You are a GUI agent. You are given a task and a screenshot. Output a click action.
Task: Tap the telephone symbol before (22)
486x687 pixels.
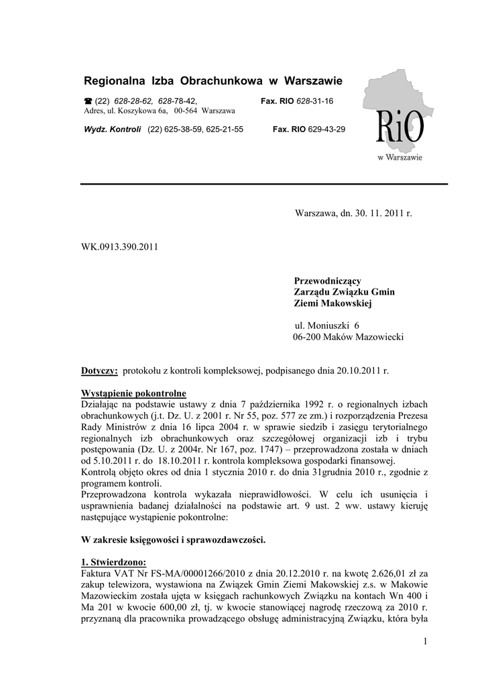(x=88, y=101)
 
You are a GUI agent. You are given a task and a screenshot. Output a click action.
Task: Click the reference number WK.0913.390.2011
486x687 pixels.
(x=119, y=246)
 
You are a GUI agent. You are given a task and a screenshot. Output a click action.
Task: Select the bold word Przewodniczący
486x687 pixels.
(x=328, y=280)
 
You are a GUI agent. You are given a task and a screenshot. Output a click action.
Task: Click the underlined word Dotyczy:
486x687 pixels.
(x=99, y=370)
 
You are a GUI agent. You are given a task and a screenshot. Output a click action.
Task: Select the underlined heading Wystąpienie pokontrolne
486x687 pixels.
(x=133, y=392)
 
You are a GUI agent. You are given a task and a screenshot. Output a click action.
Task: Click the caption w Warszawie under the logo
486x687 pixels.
(x=400, y=158)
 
